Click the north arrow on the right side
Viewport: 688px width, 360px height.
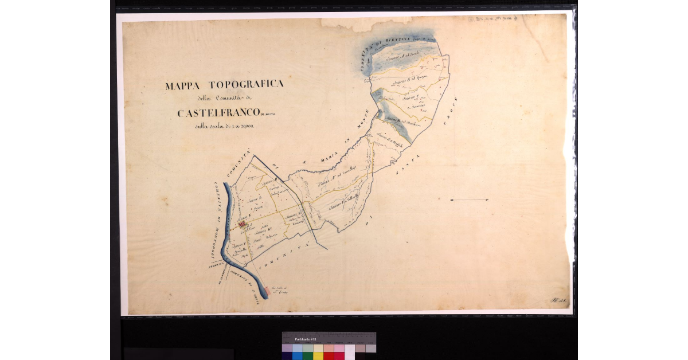click(x=470, y=200)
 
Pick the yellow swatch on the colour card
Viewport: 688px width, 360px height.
click(x=318, y=355)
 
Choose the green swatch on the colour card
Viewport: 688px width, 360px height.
click(x=307, y=355)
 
